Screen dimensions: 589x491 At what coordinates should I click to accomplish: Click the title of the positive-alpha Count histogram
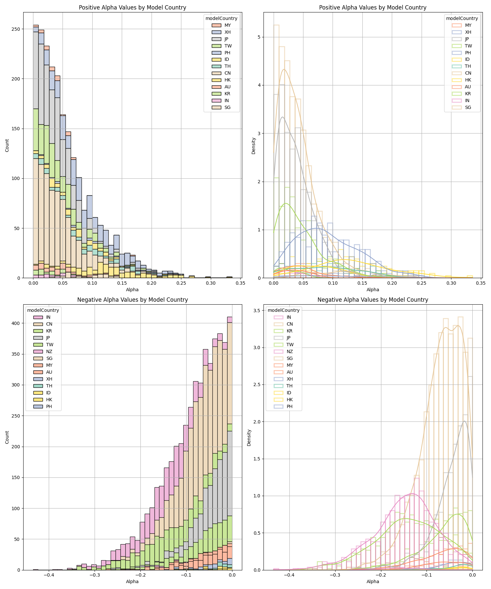[132, 8]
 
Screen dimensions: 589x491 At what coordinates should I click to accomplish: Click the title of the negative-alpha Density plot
[373, 300]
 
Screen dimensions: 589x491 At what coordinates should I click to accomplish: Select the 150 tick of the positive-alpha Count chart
[16, 129]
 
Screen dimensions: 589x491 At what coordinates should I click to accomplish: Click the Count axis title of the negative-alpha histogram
[7, 437]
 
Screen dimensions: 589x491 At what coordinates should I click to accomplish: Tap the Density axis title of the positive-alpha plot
[253, 146]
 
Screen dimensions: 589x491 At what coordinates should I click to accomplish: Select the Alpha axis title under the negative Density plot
[373, 581]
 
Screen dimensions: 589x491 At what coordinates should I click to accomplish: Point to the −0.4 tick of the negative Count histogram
[49, 575]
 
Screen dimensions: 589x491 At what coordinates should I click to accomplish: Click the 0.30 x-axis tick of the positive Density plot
[451, 283]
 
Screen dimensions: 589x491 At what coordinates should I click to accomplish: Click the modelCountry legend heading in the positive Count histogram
[221, 18]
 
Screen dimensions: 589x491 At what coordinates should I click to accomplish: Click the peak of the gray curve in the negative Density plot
[464, 421]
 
